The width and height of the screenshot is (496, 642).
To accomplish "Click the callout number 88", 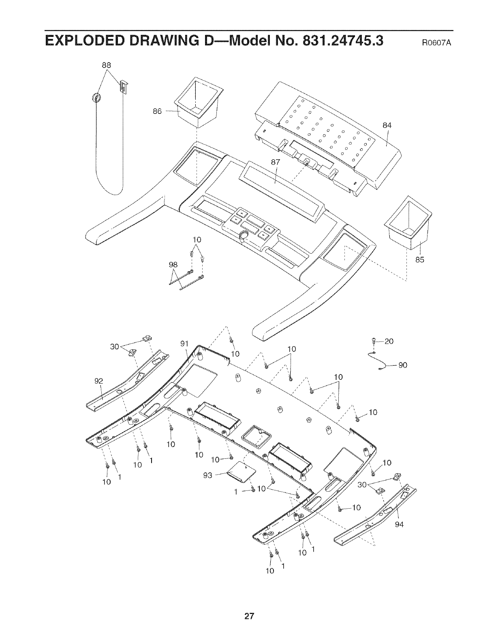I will click(107, 65).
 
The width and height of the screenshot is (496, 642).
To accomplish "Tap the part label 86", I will click(157, 111).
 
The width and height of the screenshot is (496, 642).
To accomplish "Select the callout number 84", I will click(387, 125).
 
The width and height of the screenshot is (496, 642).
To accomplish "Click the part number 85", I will click(419, 260).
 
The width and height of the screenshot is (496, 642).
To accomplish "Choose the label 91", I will click(184, 344).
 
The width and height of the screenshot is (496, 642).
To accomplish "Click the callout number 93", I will click(208, 475).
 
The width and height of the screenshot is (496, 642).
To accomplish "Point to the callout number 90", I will click(402, 365).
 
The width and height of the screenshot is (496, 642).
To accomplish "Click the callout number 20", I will click(389, 341).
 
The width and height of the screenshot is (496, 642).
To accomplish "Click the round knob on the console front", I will click(244, 235).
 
